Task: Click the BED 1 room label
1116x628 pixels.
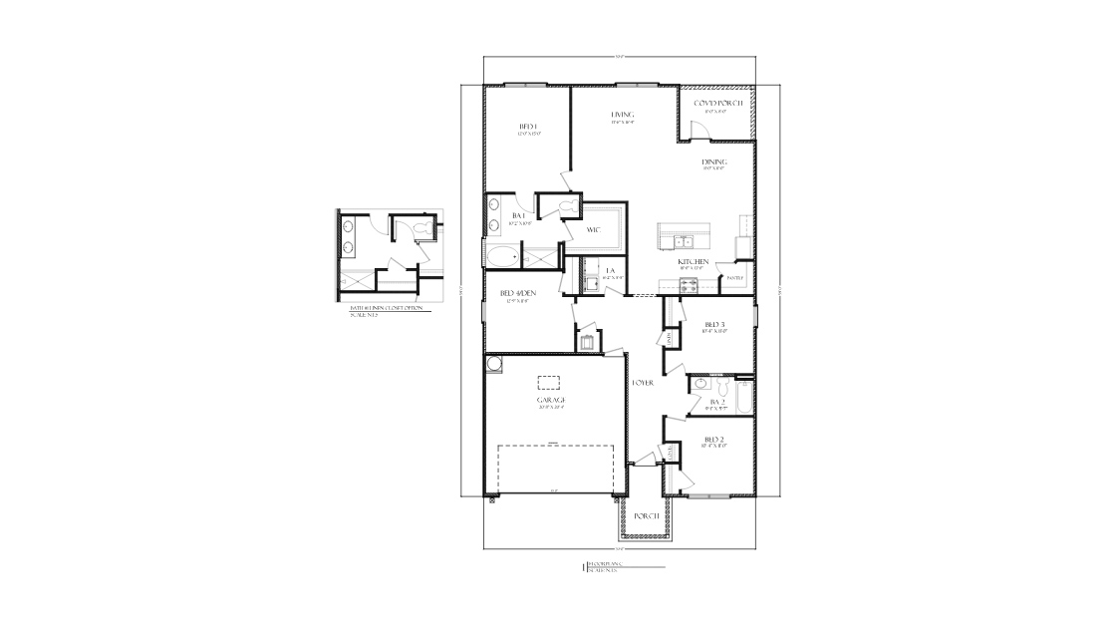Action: click(x=528, y=127)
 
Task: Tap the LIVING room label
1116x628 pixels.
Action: click(x=623, y=115)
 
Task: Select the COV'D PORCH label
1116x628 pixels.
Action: click(x=717, y=104)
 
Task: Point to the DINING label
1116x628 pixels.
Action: click(x=714, y=161)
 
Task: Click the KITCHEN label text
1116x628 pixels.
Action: click(x=694, y=262)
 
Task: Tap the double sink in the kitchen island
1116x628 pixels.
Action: click(x=683, y=240)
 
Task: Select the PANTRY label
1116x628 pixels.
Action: click(x=735, y=277)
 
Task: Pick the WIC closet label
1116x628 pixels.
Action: click(x=593, y=228)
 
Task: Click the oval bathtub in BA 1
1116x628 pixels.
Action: click(x=502, y=258)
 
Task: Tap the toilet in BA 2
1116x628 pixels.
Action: click(x=741, y=383)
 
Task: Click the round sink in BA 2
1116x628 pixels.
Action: click(x=701, y=383)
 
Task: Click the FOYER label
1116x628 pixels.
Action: click(x=643, y=382)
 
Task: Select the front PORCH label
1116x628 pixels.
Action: click(x=647, y=515)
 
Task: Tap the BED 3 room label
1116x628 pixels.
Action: click(x=713, y=325)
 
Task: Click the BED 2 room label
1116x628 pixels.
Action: click(x=713, y=439)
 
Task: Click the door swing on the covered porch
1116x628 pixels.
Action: click(x=697, y=128)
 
